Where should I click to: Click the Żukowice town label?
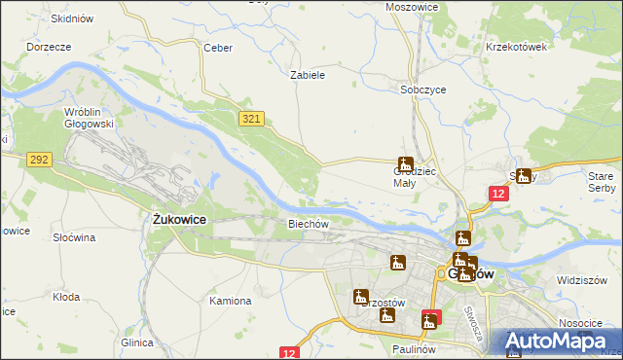coord(179,220)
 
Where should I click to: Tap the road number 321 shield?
coord(251,118)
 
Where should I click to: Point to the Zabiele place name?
coord(308,74)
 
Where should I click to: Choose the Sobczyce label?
coord(423,89)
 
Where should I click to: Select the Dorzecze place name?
coord(49,46)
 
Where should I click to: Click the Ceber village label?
coord(216,47)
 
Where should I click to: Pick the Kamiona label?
coord(230,301)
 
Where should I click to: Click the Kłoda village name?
coord(66,297)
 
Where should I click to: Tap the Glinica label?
coord(137,342)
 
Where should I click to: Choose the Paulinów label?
coord(414,348)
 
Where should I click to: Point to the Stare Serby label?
coord(602,181)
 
